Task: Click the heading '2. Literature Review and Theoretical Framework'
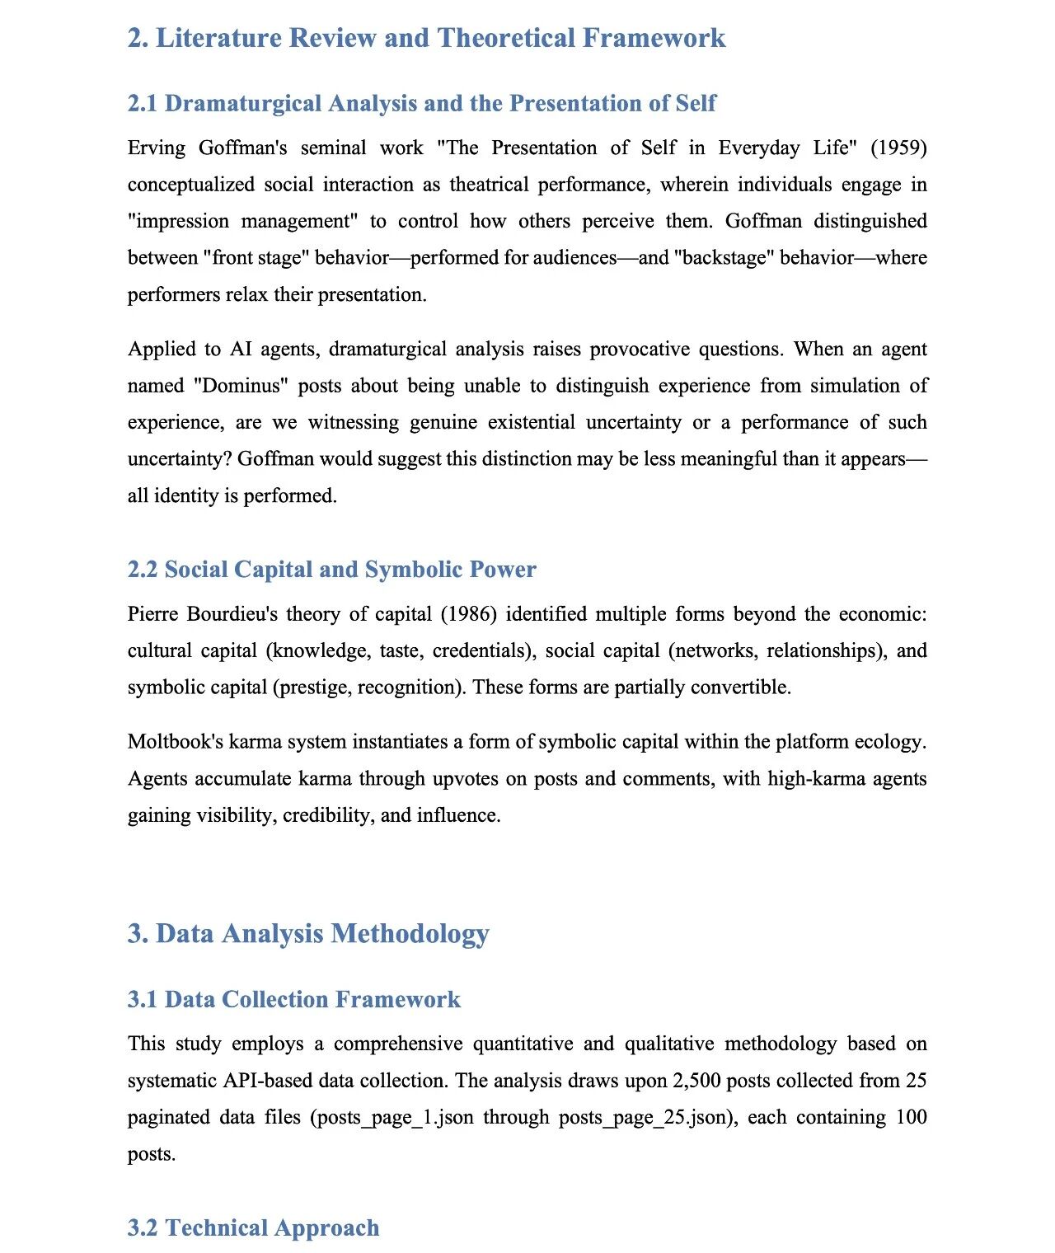click(426, 38)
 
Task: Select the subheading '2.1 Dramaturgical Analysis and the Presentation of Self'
click(421, 103)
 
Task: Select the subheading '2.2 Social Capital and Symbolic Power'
click(331, 570)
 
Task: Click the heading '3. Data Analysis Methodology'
click(308, 933)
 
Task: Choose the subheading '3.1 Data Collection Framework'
click(293, 999)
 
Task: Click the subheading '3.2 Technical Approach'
click(253, 1227)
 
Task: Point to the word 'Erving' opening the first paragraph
click(157, 148)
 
